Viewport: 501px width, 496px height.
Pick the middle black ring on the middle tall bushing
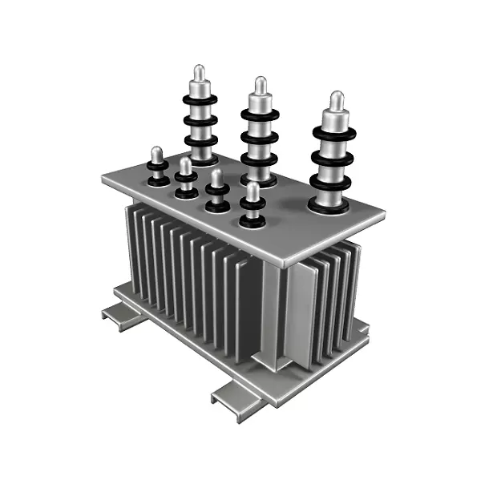(259, 137)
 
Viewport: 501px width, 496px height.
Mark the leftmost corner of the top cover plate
(103, 178)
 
